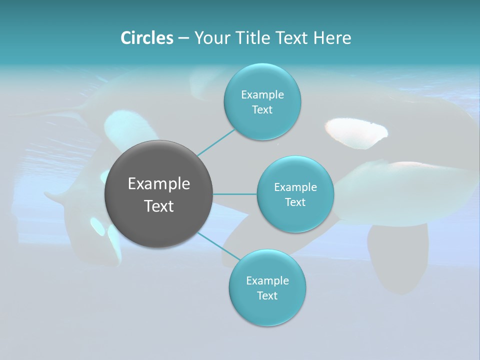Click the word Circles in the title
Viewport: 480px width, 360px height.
(x=146, y=38)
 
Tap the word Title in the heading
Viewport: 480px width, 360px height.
(x=254, y=38)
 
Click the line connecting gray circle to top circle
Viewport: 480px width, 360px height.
(x=216, y=143)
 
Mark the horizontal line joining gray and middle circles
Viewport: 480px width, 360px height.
(x=235, y=194)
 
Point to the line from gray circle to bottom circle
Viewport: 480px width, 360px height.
(x=218, y=246)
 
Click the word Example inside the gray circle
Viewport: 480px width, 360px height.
(x=159, y=184)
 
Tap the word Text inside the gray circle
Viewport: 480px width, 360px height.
(x=159, y=206)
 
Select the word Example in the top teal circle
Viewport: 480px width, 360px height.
(x=262, y=95)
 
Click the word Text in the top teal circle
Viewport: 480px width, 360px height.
(x=262, y=110)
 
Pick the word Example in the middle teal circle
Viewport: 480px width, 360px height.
(x=295, y=187)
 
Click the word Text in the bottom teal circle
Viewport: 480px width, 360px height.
(x=267, y=295)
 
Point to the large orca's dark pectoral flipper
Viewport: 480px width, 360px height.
(x=400, y=255)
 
